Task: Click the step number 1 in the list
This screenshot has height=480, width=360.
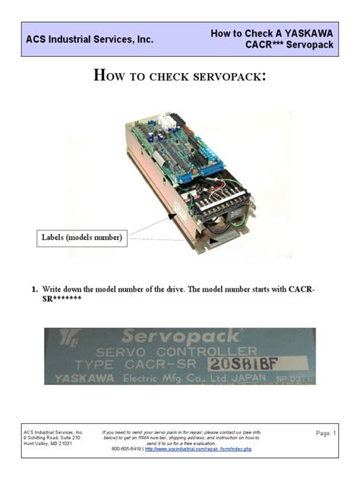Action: (x=35, y=290)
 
